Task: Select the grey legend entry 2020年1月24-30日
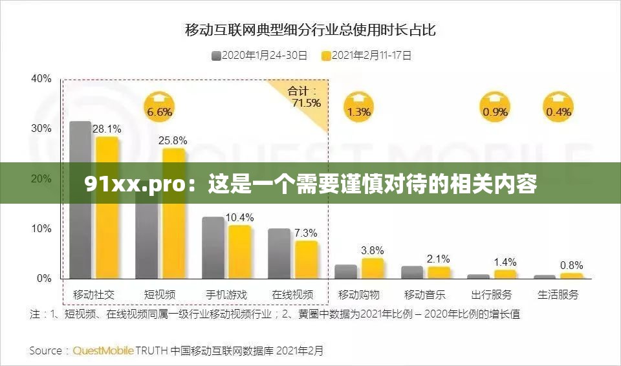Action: tap(259, 56)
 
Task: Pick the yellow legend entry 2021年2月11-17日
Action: tap(366, 56)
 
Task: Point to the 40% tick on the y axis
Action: tap(41, 78)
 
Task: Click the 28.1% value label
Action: tap(107, 129)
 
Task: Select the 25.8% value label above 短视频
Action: tap(173, 140)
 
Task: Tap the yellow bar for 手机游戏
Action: tap(239, 252)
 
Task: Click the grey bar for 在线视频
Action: tap(279, 253)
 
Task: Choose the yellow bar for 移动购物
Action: tap(373, 268)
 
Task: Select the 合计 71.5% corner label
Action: tap(305, 97)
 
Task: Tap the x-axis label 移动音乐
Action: tap(425, 295)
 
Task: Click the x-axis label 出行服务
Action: tap(492, 295)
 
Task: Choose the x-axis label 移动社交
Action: tap(94, 295)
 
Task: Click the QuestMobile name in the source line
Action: tap(103, 351)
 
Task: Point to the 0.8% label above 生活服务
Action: tap(571, 265)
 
